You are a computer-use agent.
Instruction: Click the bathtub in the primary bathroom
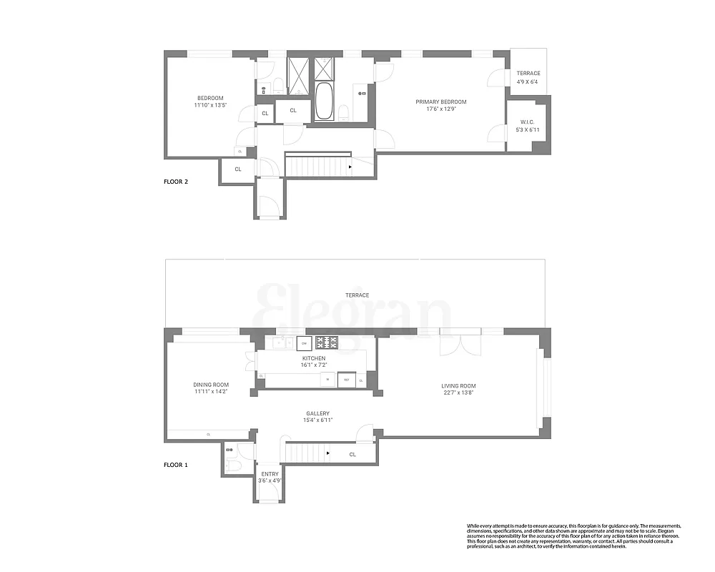coord(324,101)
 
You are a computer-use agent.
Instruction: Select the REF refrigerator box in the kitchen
coord(346,380)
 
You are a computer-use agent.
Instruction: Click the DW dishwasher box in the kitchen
coord(304,342)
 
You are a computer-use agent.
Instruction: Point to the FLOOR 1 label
coord(176,465)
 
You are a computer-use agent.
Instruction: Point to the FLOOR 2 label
coord(176,182)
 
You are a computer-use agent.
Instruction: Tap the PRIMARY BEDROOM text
coord(441,102)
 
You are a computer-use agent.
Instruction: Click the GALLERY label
coord(317,413)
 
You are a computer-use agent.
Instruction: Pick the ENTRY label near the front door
coord(270,474)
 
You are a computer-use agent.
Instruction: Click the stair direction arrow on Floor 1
coord(327,453)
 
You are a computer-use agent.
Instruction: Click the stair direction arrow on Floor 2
coord(350,167)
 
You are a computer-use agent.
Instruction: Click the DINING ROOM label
coord(211,385)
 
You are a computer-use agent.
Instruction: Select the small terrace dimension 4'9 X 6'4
coord(529,81)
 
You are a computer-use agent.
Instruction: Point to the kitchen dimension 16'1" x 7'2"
coord(313,365)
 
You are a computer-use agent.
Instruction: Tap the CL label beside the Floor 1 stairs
coord(352,454)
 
